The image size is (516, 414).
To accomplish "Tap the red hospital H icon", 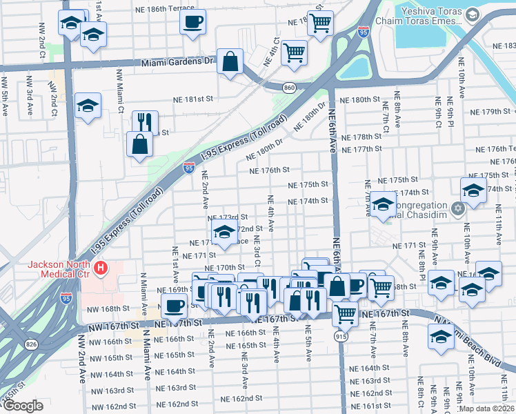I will pos(101,267).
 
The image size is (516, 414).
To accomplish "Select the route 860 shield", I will pos(289,87).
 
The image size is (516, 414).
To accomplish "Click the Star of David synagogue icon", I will pos(457,208).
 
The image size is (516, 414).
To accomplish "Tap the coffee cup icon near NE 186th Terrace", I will pos(193,20).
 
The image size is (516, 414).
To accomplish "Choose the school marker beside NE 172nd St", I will pos(224,233).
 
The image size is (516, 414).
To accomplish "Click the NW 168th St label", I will pos(108,308).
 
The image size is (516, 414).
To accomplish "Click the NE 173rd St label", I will pos(228,217).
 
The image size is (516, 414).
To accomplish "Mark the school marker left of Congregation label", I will pos(383,205).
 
